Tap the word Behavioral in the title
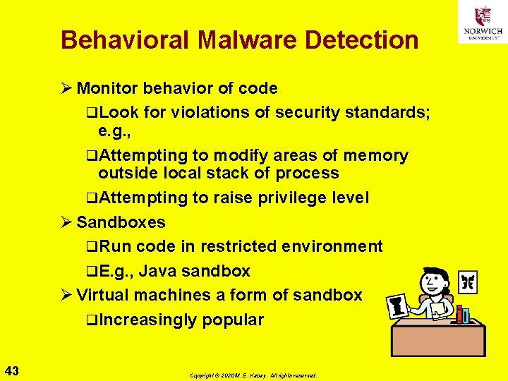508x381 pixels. (x=125, y=40)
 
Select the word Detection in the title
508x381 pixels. (x=361, y=40)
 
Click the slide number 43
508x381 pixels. (x=12, y=370)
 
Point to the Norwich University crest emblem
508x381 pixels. (x=483, y=16)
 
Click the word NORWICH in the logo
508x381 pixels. (x=483, y=31)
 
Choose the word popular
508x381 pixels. (x=233, y=320)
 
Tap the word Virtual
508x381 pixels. (x=104, y=296)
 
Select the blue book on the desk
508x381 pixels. (x=465, y=315)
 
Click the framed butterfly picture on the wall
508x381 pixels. (x=468, y=282)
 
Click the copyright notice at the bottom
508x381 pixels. (x=253, y=375)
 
